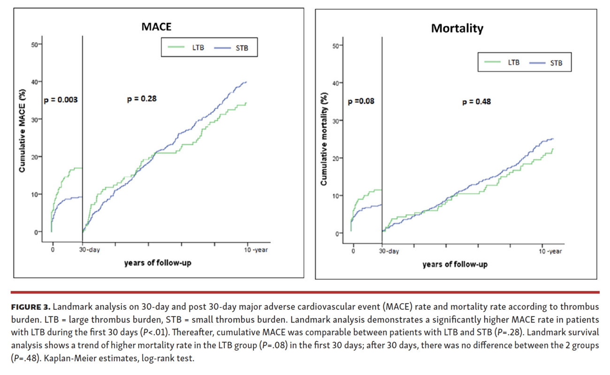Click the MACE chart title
(156, 26)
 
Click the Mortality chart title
(457, 28)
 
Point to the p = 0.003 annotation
(60, 100)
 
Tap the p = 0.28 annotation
(141, 99)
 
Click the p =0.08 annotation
(361, 101)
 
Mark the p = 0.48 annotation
(476, 101)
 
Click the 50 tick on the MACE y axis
(34, 44)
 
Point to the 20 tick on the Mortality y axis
(335, 158)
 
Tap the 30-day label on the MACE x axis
(89, 250)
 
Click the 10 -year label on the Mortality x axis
(549, 251)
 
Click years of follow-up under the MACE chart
(158, 263)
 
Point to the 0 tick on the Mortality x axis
(353, 251)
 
